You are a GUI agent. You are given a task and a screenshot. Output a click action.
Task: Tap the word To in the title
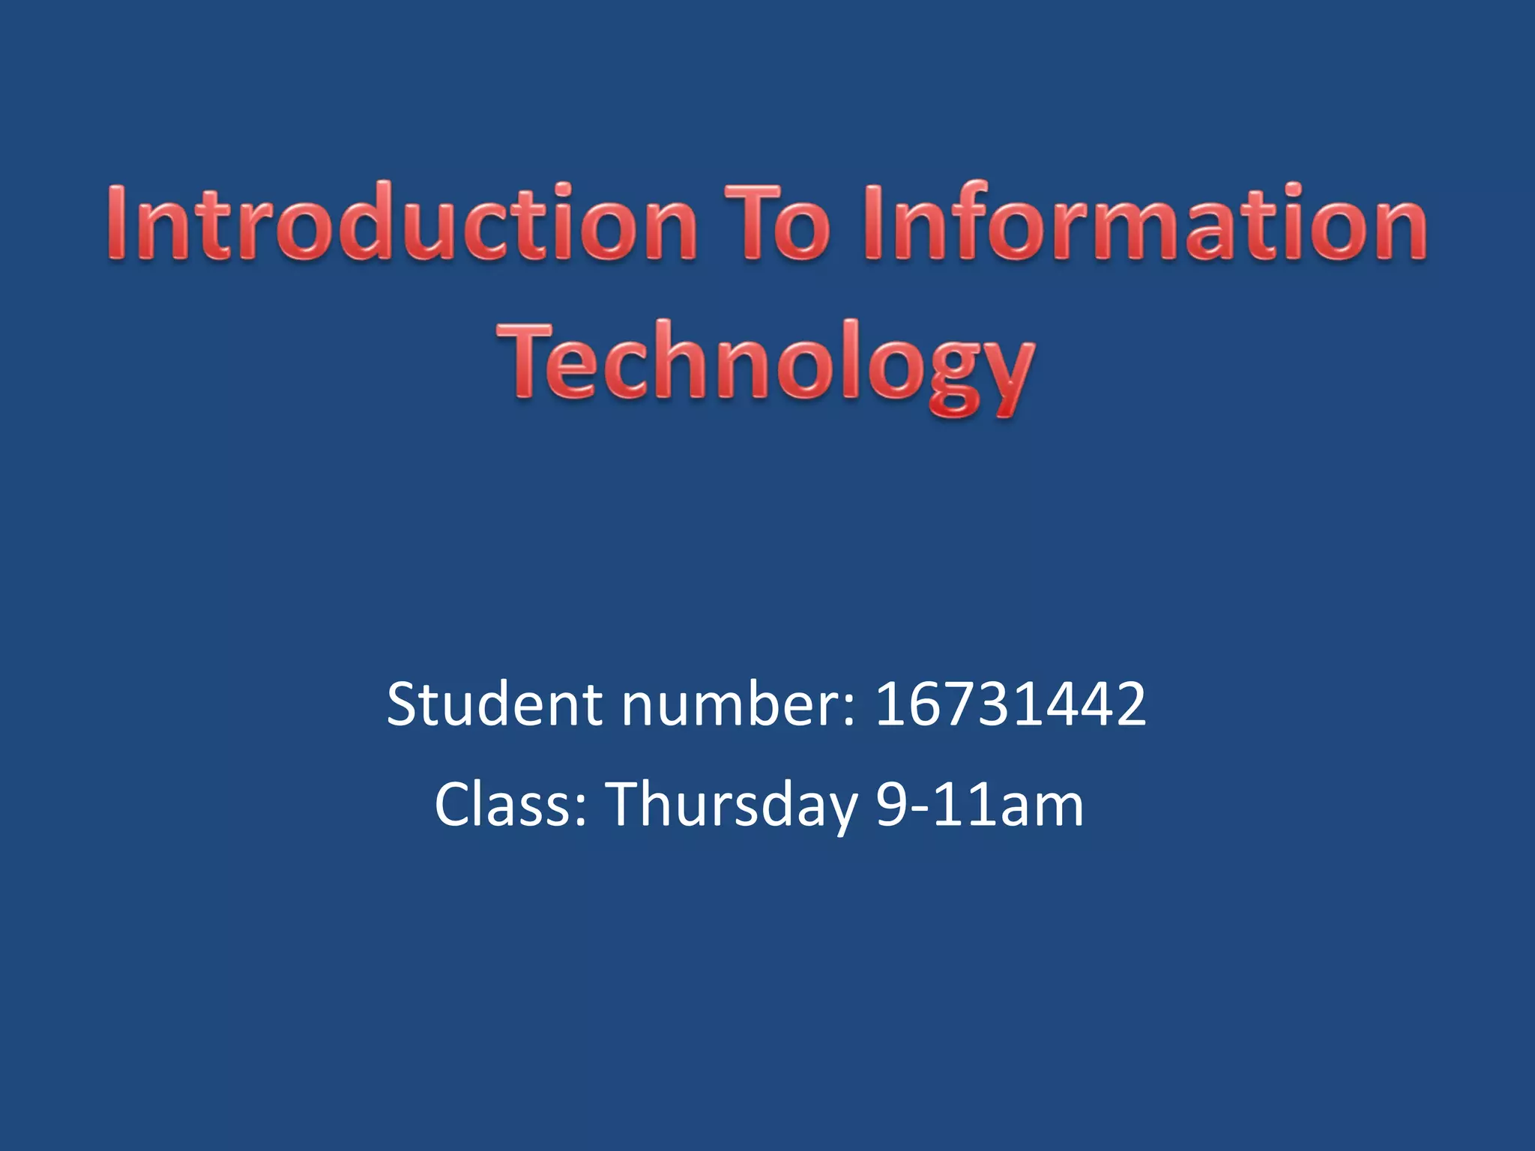777,223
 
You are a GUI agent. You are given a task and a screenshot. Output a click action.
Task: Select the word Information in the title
1144,223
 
